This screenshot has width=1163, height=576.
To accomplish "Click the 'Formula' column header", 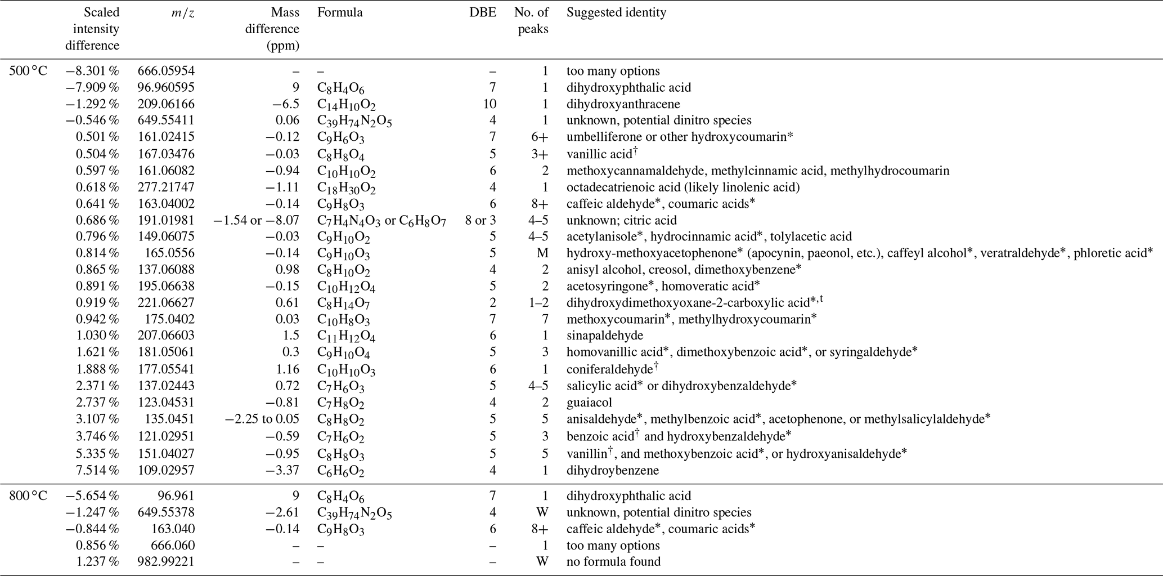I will tap(340, 12).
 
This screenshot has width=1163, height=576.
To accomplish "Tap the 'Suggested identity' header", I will tap(616, 12).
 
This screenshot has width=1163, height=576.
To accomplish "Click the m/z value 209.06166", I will tap(166, 104).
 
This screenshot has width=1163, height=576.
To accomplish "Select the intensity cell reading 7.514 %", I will tap(97, 470).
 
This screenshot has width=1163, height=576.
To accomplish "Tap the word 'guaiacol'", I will tap(589, 403).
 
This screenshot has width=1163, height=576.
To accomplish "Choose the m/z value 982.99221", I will tap(166, 561).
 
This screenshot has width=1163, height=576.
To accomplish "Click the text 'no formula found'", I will tap(613, 561).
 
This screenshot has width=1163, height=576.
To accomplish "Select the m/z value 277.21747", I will tap(166, 187).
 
